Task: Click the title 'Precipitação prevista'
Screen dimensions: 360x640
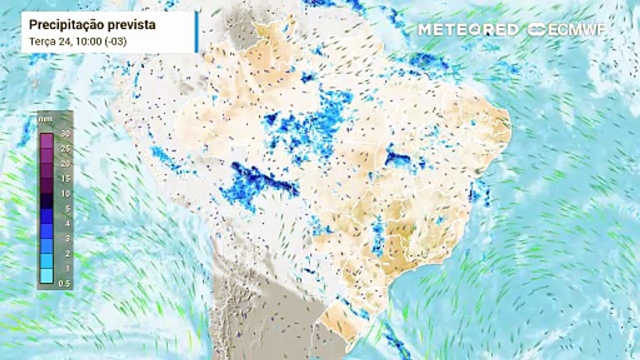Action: click(x=92, y=24)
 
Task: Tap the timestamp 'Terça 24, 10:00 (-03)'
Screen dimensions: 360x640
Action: click(x=77, y=42)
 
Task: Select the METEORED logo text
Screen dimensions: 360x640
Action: click(x=468, y=29)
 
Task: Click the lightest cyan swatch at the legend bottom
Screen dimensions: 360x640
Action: click(x=47, y=276)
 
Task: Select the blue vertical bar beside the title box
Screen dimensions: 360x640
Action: click(x=196, y=31)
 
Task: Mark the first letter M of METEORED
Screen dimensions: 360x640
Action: click(x=425, y=29)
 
